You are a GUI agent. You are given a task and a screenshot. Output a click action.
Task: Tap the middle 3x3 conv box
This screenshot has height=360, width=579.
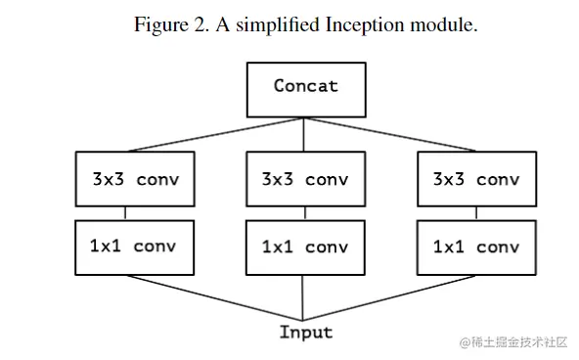pos(305,179)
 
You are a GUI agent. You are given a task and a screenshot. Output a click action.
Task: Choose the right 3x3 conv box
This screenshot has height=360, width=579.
pos(476,179)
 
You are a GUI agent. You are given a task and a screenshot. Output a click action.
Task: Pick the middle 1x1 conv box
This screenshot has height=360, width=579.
pos(305,247)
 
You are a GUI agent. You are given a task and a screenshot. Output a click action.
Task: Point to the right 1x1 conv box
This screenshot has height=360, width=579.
pos(476,247)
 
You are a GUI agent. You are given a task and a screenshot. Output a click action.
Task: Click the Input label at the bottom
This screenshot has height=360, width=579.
pos(306,332)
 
